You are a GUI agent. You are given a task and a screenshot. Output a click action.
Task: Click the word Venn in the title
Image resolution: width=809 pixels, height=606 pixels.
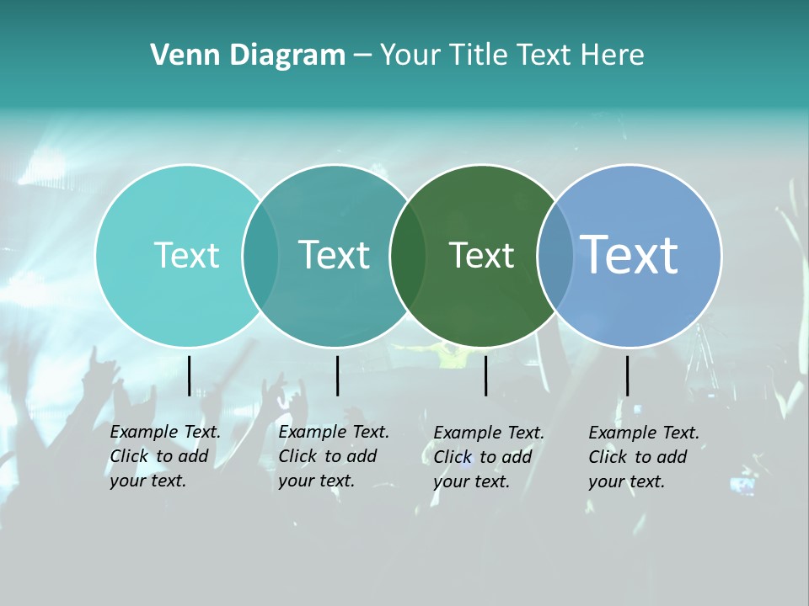tap(175, 56)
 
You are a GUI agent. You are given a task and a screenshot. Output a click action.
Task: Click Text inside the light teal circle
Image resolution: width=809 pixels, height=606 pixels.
tap(186, 255)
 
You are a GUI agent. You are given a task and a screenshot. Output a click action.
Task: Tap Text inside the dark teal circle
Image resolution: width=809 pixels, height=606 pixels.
tap(334, 255)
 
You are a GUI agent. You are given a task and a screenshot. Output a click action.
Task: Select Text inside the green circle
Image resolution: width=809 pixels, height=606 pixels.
tap(481, 255)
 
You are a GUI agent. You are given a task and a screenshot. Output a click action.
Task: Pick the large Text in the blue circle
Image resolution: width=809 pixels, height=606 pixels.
tap(630, 254)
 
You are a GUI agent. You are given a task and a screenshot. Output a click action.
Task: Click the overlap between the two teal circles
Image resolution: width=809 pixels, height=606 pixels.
tap(260, 255)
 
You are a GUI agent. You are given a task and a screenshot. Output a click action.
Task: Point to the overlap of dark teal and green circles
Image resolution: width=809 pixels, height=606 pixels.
tap(408, 255)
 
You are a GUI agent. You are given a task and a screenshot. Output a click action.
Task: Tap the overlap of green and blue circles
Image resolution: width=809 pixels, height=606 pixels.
tap(555, 255)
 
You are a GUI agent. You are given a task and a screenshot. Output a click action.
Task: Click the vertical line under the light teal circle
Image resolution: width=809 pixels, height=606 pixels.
tap(190, 375)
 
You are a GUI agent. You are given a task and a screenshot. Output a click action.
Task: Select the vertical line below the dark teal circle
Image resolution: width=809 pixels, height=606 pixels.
tap(337, 375)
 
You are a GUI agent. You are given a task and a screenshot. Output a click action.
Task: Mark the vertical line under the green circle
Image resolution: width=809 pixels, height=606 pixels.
tap(486, 375)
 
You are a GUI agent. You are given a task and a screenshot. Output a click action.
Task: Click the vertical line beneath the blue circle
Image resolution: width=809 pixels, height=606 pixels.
tap(628, 375)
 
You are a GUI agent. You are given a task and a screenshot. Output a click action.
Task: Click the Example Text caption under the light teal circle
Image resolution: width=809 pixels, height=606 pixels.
tap(164, 456)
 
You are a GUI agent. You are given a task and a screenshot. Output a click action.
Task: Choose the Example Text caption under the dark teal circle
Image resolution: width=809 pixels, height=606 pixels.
tap(333, 456)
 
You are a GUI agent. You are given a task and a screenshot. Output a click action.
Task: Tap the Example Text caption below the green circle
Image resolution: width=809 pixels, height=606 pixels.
tap(488, 457)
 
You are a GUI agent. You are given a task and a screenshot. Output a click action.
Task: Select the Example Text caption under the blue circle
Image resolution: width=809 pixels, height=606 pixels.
tap(643, 457)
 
